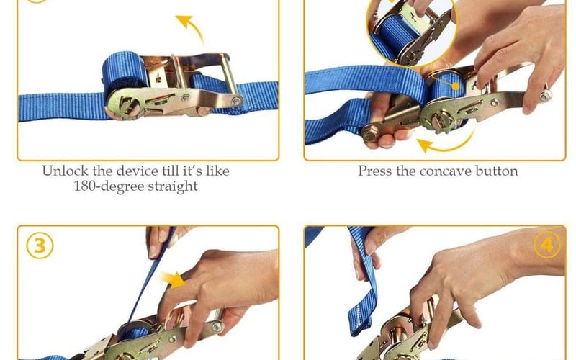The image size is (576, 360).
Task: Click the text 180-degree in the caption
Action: [x=109, y=186]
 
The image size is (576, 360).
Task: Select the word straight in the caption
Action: [x=173, y=186]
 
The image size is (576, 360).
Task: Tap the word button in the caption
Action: [x=497, y=171]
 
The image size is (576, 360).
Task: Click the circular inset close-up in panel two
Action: [x=408, y=30]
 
